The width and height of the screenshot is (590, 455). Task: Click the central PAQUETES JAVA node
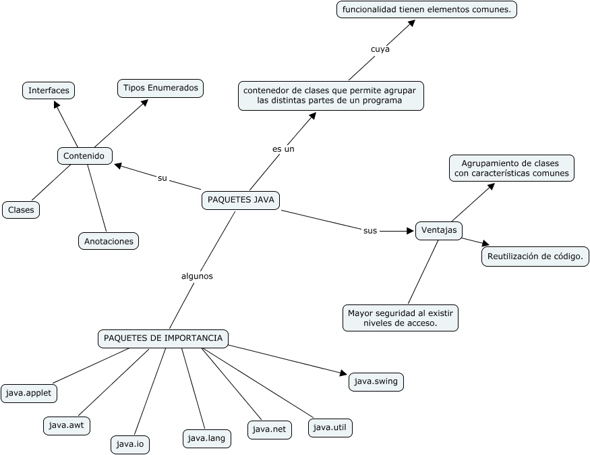coord(241,200)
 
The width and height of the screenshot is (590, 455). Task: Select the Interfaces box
coord(49,90)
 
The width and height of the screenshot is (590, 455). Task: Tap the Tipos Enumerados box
coord(160,88)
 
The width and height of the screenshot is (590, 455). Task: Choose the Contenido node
coord(85,156)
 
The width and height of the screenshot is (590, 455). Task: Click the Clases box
coord(21,210)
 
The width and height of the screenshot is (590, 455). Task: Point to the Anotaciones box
coord(109,241)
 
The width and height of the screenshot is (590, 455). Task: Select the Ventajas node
coord(439,230)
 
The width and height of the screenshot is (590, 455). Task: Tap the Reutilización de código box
coord(535,257)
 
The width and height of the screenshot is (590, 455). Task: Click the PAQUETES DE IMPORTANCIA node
coord(163,338)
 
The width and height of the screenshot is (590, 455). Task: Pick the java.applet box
coord(29,393)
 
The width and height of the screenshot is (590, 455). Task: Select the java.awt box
coord(67,425)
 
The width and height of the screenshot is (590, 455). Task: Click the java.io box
coord(130,444)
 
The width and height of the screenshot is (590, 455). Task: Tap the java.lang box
coord(206,438)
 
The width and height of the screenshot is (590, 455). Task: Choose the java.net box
coord(270,429)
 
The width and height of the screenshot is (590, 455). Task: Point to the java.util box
coord(330,427)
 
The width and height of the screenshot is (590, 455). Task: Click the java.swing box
coord(376,381)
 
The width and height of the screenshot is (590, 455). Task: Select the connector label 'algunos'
coord(197,276)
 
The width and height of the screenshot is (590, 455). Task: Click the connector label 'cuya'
coord(380,49)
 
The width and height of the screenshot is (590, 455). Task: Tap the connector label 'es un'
coord(283,149)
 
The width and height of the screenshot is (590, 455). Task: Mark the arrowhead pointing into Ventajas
coord(410,231)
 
